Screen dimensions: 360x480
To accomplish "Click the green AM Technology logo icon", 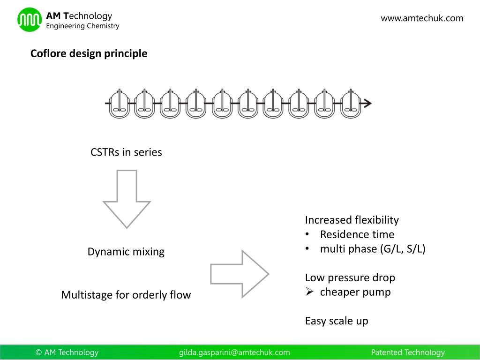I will pyautogui.click(x=30, y=20).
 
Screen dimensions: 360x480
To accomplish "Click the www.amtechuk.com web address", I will pyautogui.click(x=422, y=18).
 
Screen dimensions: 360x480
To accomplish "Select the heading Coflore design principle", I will pyautogui.click(x=89, y=53).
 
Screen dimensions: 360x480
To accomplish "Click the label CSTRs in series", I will pyautogui.click(x=126, y=152).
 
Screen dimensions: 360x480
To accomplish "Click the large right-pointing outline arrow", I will pyautogui.click(x=239, y=274).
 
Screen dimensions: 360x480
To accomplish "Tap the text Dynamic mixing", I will pyautogui.click(x=126, y=252).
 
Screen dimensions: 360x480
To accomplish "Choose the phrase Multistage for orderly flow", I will pyautogui.click(x=126, y=295).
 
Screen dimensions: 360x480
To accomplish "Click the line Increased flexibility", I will pyautogui.click(x=352, y=220).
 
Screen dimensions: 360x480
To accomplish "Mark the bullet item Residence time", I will pyautogui.click(x=357, y=234).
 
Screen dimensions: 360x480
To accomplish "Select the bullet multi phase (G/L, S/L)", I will pyautogui.click(x=372, y=249).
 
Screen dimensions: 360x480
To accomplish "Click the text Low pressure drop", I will pyautogui.click(x=350, y=277).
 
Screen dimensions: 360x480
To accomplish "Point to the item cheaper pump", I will pyautogui.click(x=355, y=292).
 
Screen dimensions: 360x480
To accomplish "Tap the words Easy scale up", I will pyautogui.click(x=337, y=321).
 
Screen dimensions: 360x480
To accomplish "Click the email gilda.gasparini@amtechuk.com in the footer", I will pyautogui.click(x=234, y=352).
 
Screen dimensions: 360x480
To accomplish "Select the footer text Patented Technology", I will pyautogui.click(x=407, y=352).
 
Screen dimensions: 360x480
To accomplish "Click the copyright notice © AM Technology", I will pyautogui.click(x=67, y=352).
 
